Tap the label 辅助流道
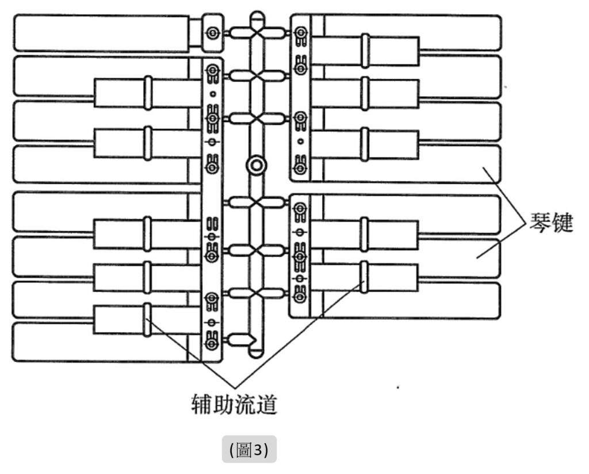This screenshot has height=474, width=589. [x=234, y=404]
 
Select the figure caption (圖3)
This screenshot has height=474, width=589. [x=249, y=449]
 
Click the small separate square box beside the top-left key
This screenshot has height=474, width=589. [x=213, y=33]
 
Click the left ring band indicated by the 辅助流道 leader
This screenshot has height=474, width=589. [x=148, y=320]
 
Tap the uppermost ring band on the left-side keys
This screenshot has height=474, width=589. [x=148, y=92]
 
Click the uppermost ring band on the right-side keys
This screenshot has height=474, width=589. [x=364, y=51]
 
